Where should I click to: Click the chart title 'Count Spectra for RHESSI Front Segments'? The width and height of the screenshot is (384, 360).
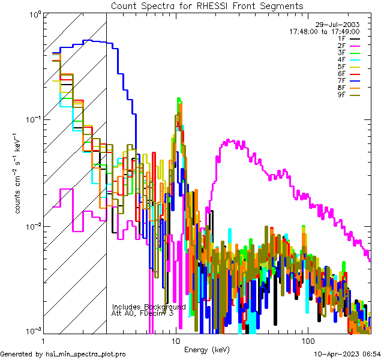point(207,5)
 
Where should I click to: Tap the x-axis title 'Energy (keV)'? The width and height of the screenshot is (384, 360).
point(206,350)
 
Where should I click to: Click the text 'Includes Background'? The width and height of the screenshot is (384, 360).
point(148,307)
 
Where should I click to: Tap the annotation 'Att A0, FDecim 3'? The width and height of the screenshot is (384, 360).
point(142,313)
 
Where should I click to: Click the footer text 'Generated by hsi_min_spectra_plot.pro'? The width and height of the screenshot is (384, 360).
point(63,354)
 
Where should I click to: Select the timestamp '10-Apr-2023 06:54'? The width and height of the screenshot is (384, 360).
point(347,354)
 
